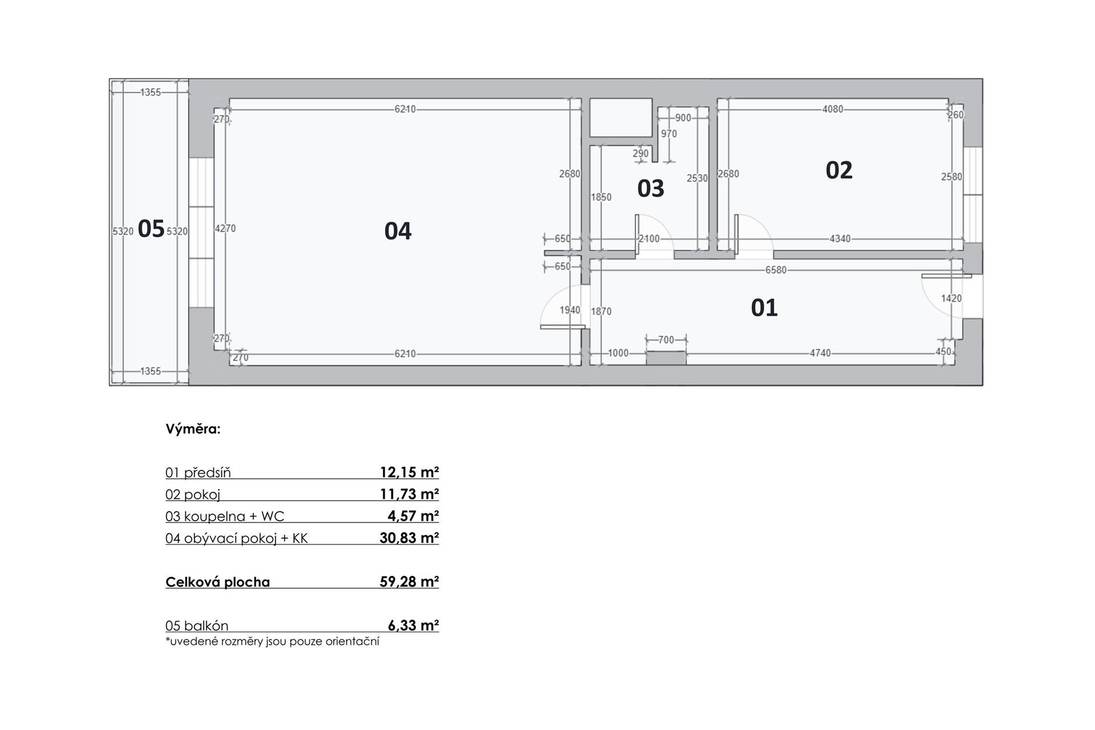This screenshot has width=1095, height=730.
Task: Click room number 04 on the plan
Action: click(398, 231)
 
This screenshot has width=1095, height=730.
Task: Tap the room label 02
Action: click(839, 170)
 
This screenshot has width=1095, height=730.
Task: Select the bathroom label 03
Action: click(651, 188)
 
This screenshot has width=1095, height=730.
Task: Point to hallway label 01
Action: click(764, 308)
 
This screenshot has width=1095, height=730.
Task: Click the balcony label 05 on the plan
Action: click(151, 229)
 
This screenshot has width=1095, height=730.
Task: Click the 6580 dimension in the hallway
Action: click(776, 270)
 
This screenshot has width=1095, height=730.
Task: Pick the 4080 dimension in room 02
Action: click(833, 109)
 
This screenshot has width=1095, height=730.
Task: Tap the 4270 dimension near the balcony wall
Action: click(225, 228)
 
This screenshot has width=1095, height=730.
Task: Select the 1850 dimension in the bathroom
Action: click(601, 197)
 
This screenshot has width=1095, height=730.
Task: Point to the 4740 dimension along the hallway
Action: click(820, 353)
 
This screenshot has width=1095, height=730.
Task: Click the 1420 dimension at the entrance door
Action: click(951, 298)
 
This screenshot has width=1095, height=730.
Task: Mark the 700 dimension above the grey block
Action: click(666, 340)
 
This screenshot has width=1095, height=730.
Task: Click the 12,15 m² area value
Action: click(409, 472)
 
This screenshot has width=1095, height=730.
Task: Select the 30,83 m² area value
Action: click(409, 538)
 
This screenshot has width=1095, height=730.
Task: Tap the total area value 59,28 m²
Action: click(409, 582)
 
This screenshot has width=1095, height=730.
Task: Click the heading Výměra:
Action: click(193, 429)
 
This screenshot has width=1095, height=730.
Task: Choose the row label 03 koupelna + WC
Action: click(225, 516)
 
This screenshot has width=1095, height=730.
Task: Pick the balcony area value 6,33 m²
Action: click(413, 626)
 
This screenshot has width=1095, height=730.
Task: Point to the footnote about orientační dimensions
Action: click(272, 641)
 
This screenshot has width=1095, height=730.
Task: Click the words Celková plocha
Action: click(218, 582)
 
